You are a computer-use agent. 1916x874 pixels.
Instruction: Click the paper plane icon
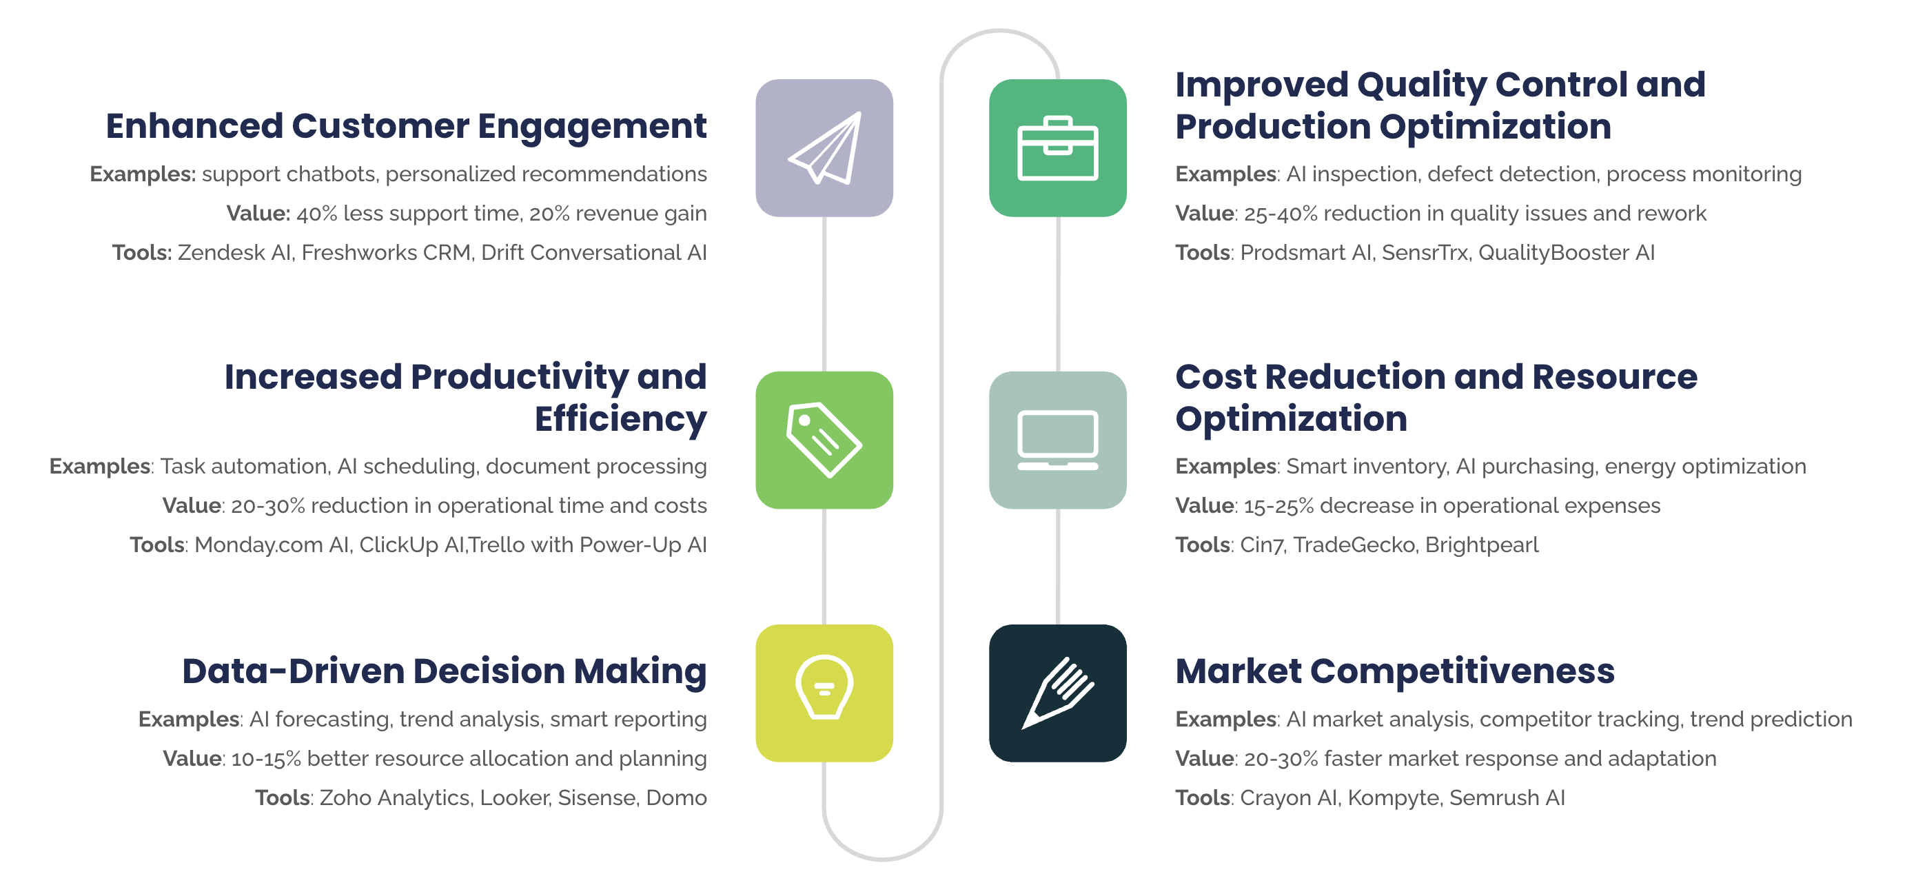[x=825, y=148]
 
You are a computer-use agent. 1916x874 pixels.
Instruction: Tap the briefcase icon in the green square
[x=1057, y=148]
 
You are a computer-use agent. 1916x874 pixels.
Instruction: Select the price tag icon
[x=824, y=440]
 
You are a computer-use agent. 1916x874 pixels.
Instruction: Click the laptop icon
[x=1057, y=440]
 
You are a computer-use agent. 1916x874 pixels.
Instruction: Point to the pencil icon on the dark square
[x=1057, y=693]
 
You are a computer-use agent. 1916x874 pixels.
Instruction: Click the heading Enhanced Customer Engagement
[x=406, y=126]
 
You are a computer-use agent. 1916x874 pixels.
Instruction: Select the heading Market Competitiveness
[x=1394, y=671]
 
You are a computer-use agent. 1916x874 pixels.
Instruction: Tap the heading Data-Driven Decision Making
[x=444, y=671]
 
